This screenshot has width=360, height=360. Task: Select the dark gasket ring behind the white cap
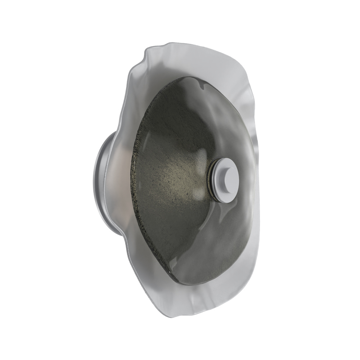[x=211, y=180]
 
